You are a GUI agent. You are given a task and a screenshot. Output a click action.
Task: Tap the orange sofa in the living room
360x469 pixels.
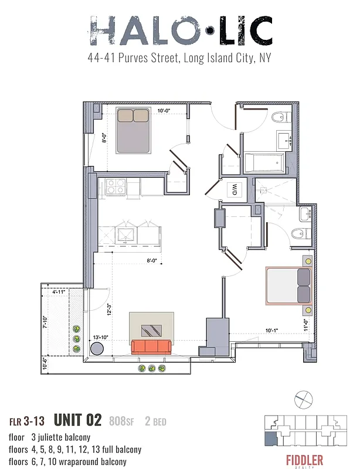tap(151, 346)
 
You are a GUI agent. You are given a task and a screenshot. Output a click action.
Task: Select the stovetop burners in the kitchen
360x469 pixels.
tap(116, 186)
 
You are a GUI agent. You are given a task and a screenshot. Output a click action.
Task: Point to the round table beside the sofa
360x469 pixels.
tap(96, 349)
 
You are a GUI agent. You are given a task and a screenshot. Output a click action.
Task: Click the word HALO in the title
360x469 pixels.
tap(141, 31)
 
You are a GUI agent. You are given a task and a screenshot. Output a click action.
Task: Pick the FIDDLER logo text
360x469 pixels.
tap(304, 459)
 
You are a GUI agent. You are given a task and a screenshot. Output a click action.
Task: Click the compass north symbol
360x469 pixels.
tap(302, 399)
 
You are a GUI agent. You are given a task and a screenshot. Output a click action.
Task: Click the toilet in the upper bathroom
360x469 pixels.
tap(280, 118)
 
